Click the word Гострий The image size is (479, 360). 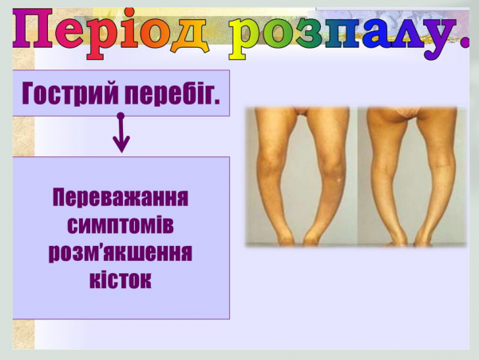coord(71,93)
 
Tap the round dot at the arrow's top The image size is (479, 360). coord(121,117)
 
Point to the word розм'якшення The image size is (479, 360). coord(121,253)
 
